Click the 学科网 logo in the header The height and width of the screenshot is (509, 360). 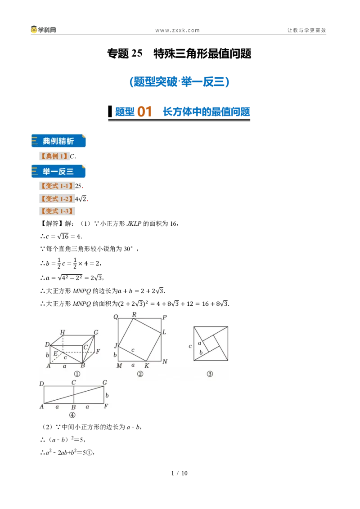click(43, 30)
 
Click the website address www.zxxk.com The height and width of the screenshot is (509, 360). click(177, 31)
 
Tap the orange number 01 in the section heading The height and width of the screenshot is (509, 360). click(144, 112)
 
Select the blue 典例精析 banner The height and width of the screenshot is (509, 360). click(58, 141)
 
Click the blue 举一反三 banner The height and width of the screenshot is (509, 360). click(58, 171)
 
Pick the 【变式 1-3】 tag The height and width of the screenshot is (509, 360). click(57, 211)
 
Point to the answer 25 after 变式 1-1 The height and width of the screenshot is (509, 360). click(78, 186)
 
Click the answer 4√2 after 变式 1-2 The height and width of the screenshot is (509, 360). click(81, 199)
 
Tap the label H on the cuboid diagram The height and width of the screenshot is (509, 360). click(63, 332)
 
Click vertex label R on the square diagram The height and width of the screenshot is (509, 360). click(134, 314)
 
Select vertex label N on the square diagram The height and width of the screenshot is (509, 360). click(165, 362)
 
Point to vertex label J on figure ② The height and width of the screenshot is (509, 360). click(116, 345)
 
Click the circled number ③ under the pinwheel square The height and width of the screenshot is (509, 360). click(210, 374)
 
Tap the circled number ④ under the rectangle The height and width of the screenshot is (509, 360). click(72, 415)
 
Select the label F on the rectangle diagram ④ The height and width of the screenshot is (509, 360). click(106, 406)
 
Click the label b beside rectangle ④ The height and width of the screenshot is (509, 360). click(107, 395)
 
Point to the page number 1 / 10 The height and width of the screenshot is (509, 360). click(180, 473)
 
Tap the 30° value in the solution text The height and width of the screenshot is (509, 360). click(128, 249)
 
